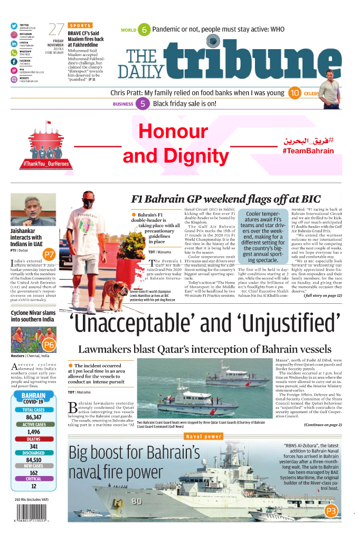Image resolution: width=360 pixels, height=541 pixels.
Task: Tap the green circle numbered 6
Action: coord(144,30)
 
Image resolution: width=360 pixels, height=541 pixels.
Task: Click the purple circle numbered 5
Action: coord(143,104)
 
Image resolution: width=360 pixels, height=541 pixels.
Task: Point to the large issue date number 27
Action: coord(56,30)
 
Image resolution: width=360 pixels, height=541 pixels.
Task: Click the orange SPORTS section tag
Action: coord(80,25)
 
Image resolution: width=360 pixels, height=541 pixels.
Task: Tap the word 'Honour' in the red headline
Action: coord(173,131)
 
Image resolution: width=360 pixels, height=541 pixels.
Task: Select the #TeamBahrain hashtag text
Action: coord(308,151)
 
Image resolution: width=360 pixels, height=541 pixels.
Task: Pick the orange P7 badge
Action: coord(49,254)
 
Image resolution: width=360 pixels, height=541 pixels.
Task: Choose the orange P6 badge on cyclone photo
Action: coord(49,345)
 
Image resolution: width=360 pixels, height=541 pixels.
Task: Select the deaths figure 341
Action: coord(34,446)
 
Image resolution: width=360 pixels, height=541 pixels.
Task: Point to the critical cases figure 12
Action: coord(34,486)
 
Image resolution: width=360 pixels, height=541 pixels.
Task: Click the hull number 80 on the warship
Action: coord(137,500)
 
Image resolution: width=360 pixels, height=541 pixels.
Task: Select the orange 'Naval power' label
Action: coord(204,436)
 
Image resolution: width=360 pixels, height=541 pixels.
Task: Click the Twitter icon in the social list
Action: coord(14,25)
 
